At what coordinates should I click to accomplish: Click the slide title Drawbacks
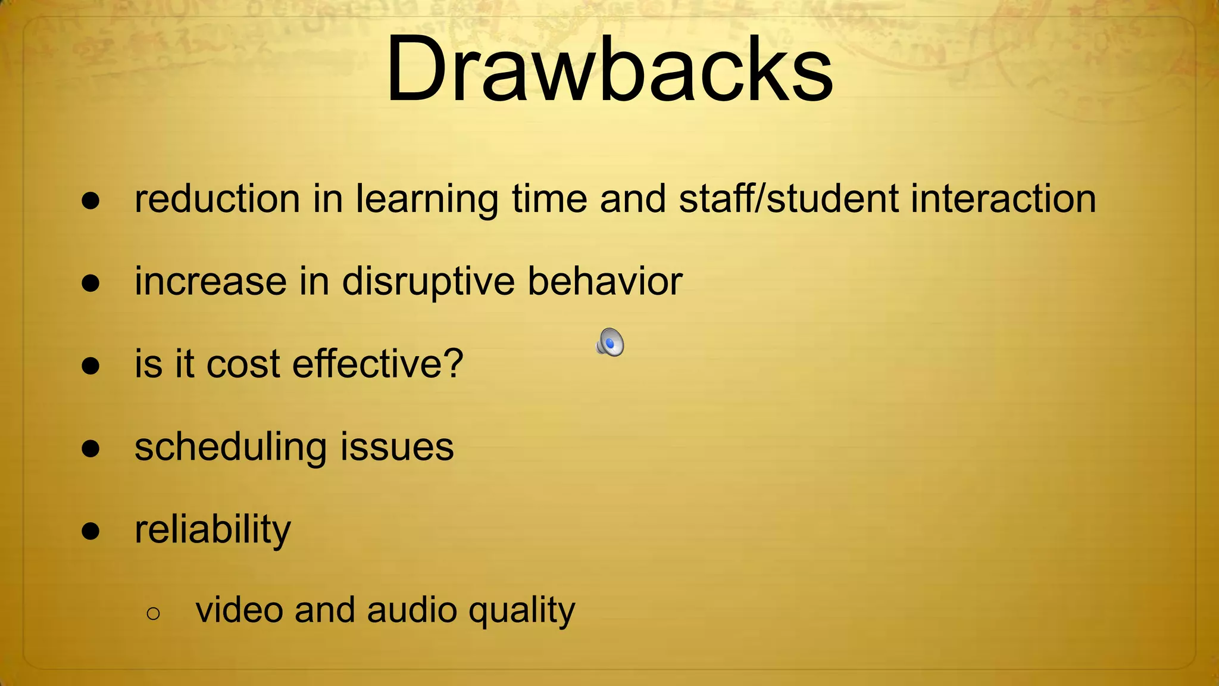click(x=609, y=70)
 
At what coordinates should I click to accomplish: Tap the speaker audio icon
click(x=610, y=342)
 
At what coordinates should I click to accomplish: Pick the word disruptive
click(x=429, y=282)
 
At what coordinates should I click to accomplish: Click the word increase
click(x=211, y=282)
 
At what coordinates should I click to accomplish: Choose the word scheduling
click(x=231, y=448)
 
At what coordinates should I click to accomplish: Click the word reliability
click(x=212, y=529)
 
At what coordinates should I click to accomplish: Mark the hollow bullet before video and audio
click(x=153, y=613)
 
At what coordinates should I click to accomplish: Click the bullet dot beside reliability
click(x=90, y=530)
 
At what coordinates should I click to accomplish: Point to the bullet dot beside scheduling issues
click(x=90, y=448)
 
